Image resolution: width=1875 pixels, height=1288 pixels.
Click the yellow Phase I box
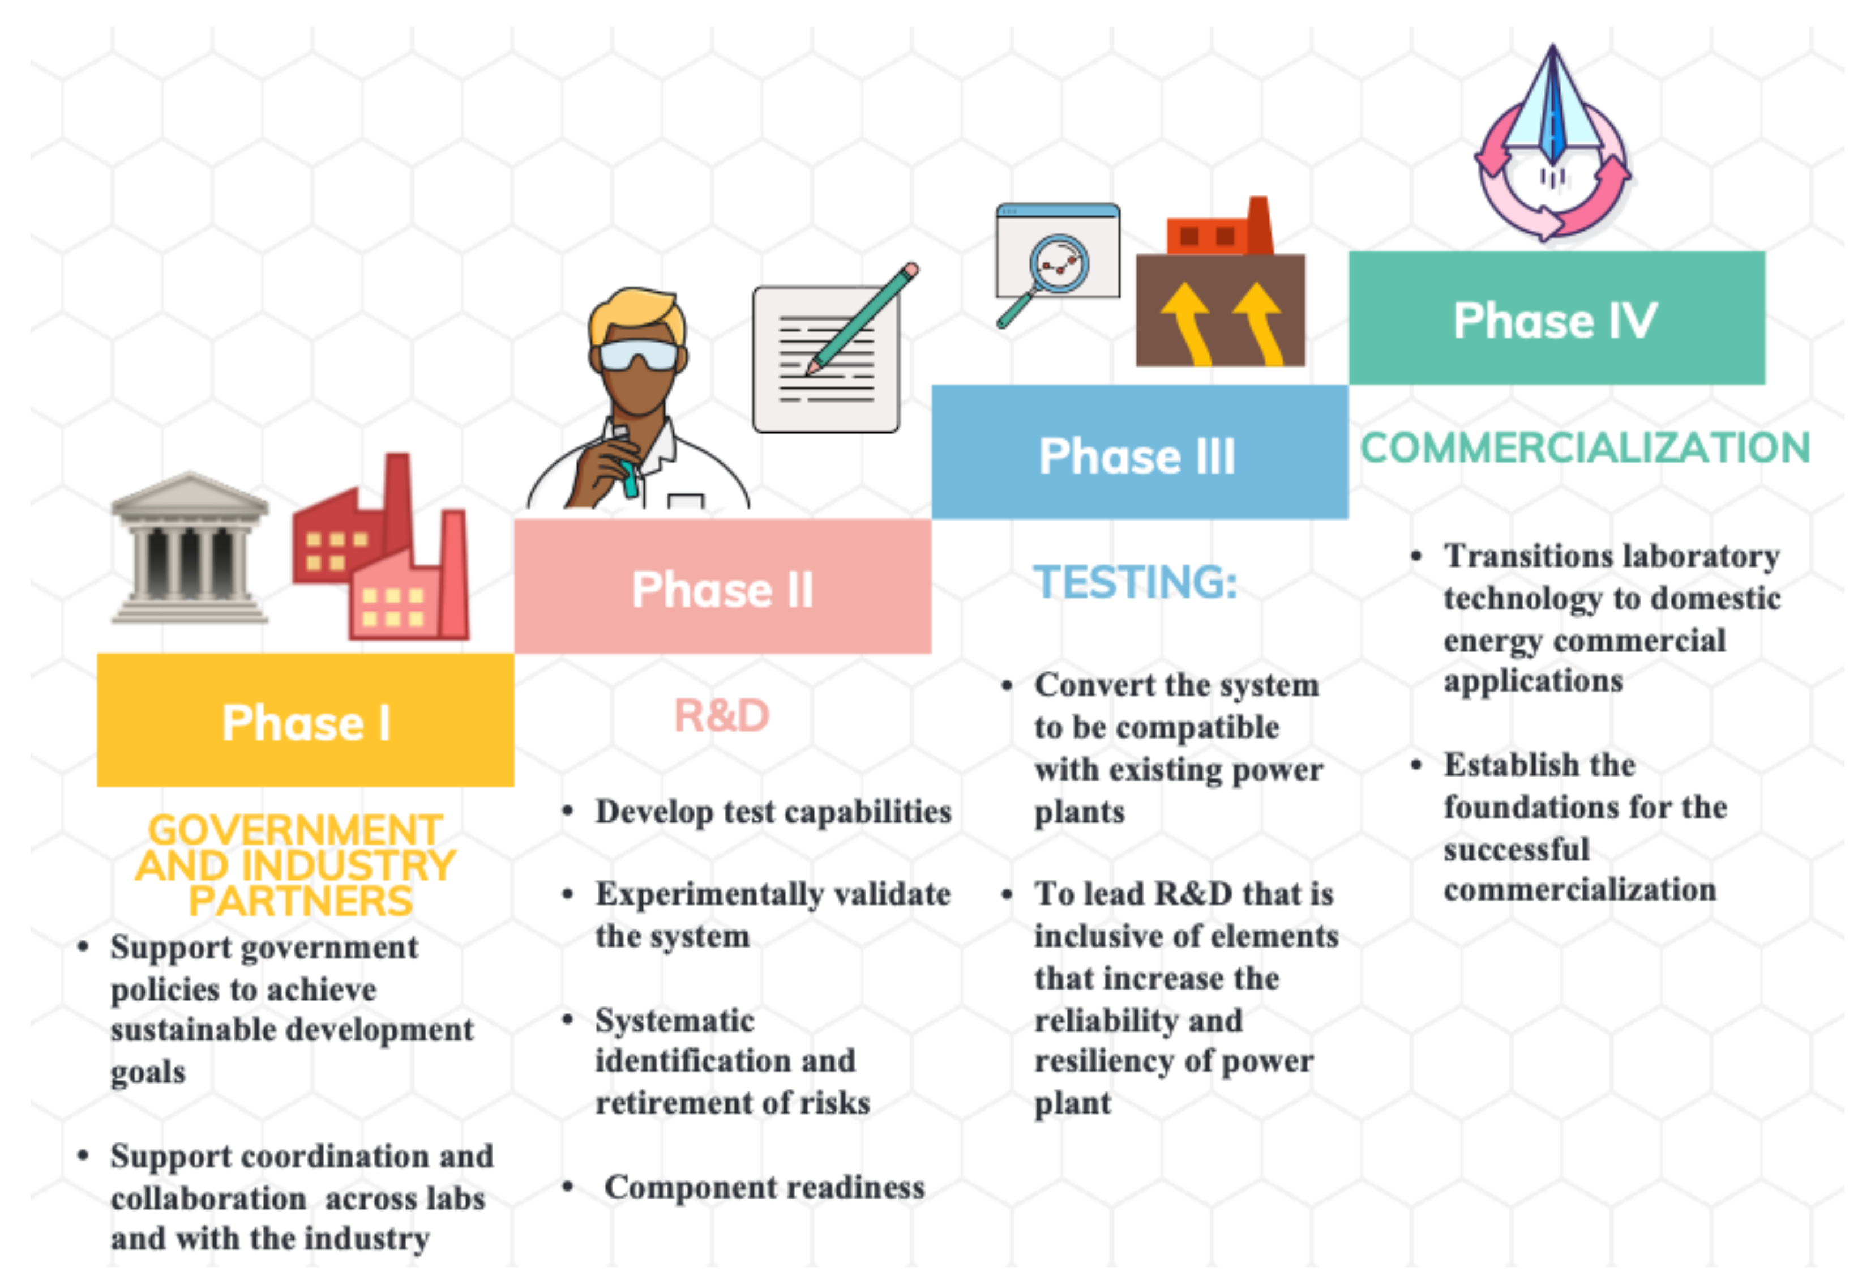305,720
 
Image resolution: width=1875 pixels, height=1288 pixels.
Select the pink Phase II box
723,586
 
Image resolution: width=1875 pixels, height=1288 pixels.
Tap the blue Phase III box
1139,452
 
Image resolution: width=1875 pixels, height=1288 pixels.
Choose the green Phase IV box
1556,318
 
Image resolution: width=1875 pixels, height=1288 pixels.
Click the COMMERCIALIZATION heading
1585,448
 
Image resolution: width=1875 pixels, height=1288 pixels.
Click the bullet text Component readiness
765,1187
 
